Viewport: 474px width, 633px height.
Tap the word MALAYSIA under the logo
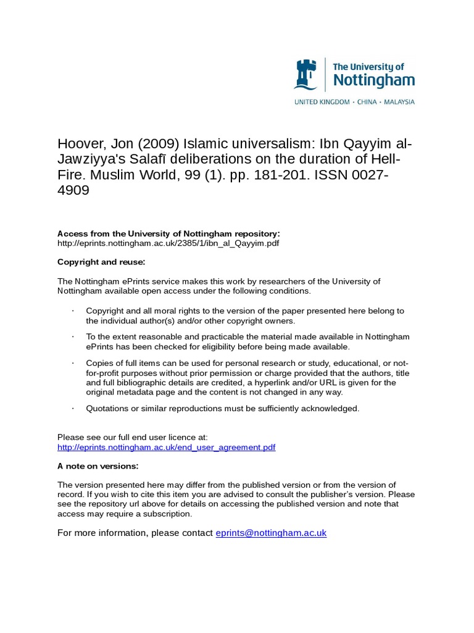tap(399, 101)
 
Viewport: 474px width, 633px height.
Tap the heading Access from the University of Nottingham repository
tap(168, 234)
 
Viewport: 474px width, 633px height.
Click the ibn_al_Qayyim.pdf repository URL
tap(168, 243)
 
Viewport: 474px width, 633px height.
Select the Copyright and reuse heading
tap(101, 262)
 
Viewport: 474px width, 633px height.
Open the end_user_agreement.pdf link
tap(166, 447)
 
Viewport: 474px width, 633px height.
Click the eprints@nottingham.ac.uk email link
tap(270, 533)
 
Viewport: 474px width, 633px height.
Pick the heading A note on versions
tap(98, 465)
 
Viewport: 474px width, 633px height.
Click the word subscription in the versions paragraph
tap(169, 514)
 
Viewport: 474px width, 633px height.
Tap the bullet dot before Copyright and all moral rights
tap(73, 311)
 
